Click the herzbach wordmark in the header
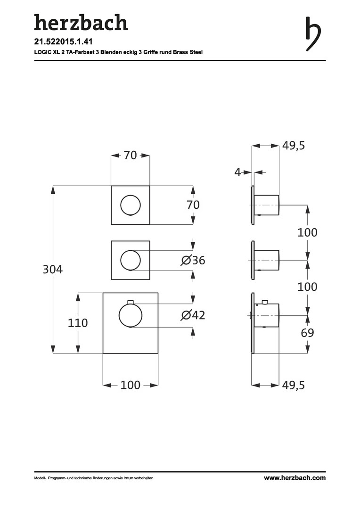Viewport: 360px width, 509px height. [x=81, y=23]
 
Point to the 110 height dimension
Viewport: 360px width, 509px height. [x=78, y=323]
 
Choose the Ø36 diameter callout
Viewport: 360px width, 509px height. [x=193, y=260]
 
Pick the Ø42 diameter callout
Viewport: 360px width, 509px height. [x=193, y=315]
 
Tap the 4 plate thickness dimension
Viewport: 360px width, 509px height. [x=238, y=172]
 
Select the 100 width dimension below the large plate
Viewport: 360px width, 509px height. [x=131, y=385]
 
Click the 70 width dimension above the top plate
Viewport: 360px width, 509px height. [x=131, y=155]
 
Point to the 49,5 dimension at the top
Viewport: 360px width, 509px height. [x=294, y=146]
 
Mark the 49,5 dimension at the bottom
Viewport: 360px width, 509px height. [x=294, y=385]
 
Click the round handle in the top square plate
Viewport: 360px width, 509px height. [x=131, y=205]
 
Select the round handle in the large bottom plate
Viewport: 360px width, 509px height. [x=131, y=315]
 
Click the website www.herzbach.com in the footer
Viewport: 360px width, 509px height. [x=295, y=478]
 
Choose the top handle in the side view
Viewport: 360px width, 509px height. [x=267, y=205]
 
